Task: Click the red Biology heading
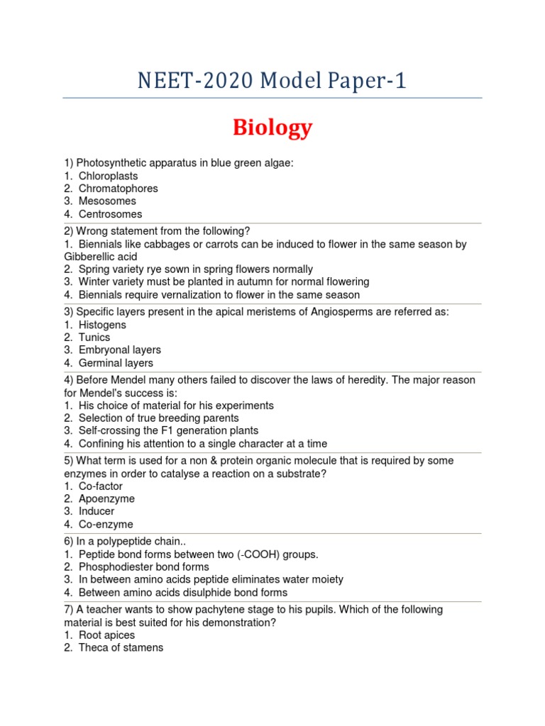272,128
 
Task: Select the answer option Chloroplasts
108,176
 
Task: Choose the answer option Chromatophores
118,189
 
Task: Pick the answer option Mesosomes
107,201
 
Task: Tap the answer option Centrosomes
110,214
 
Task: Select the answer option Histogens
102,325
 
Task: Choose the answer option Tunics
94,337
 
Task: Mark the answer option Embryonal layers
119,350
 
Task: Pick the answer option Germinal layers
116,363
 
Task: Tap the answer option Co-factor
101,486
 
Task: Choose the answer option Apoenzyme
106,499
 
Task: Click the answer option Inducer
97,511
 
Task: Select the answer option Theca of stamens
121,648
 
